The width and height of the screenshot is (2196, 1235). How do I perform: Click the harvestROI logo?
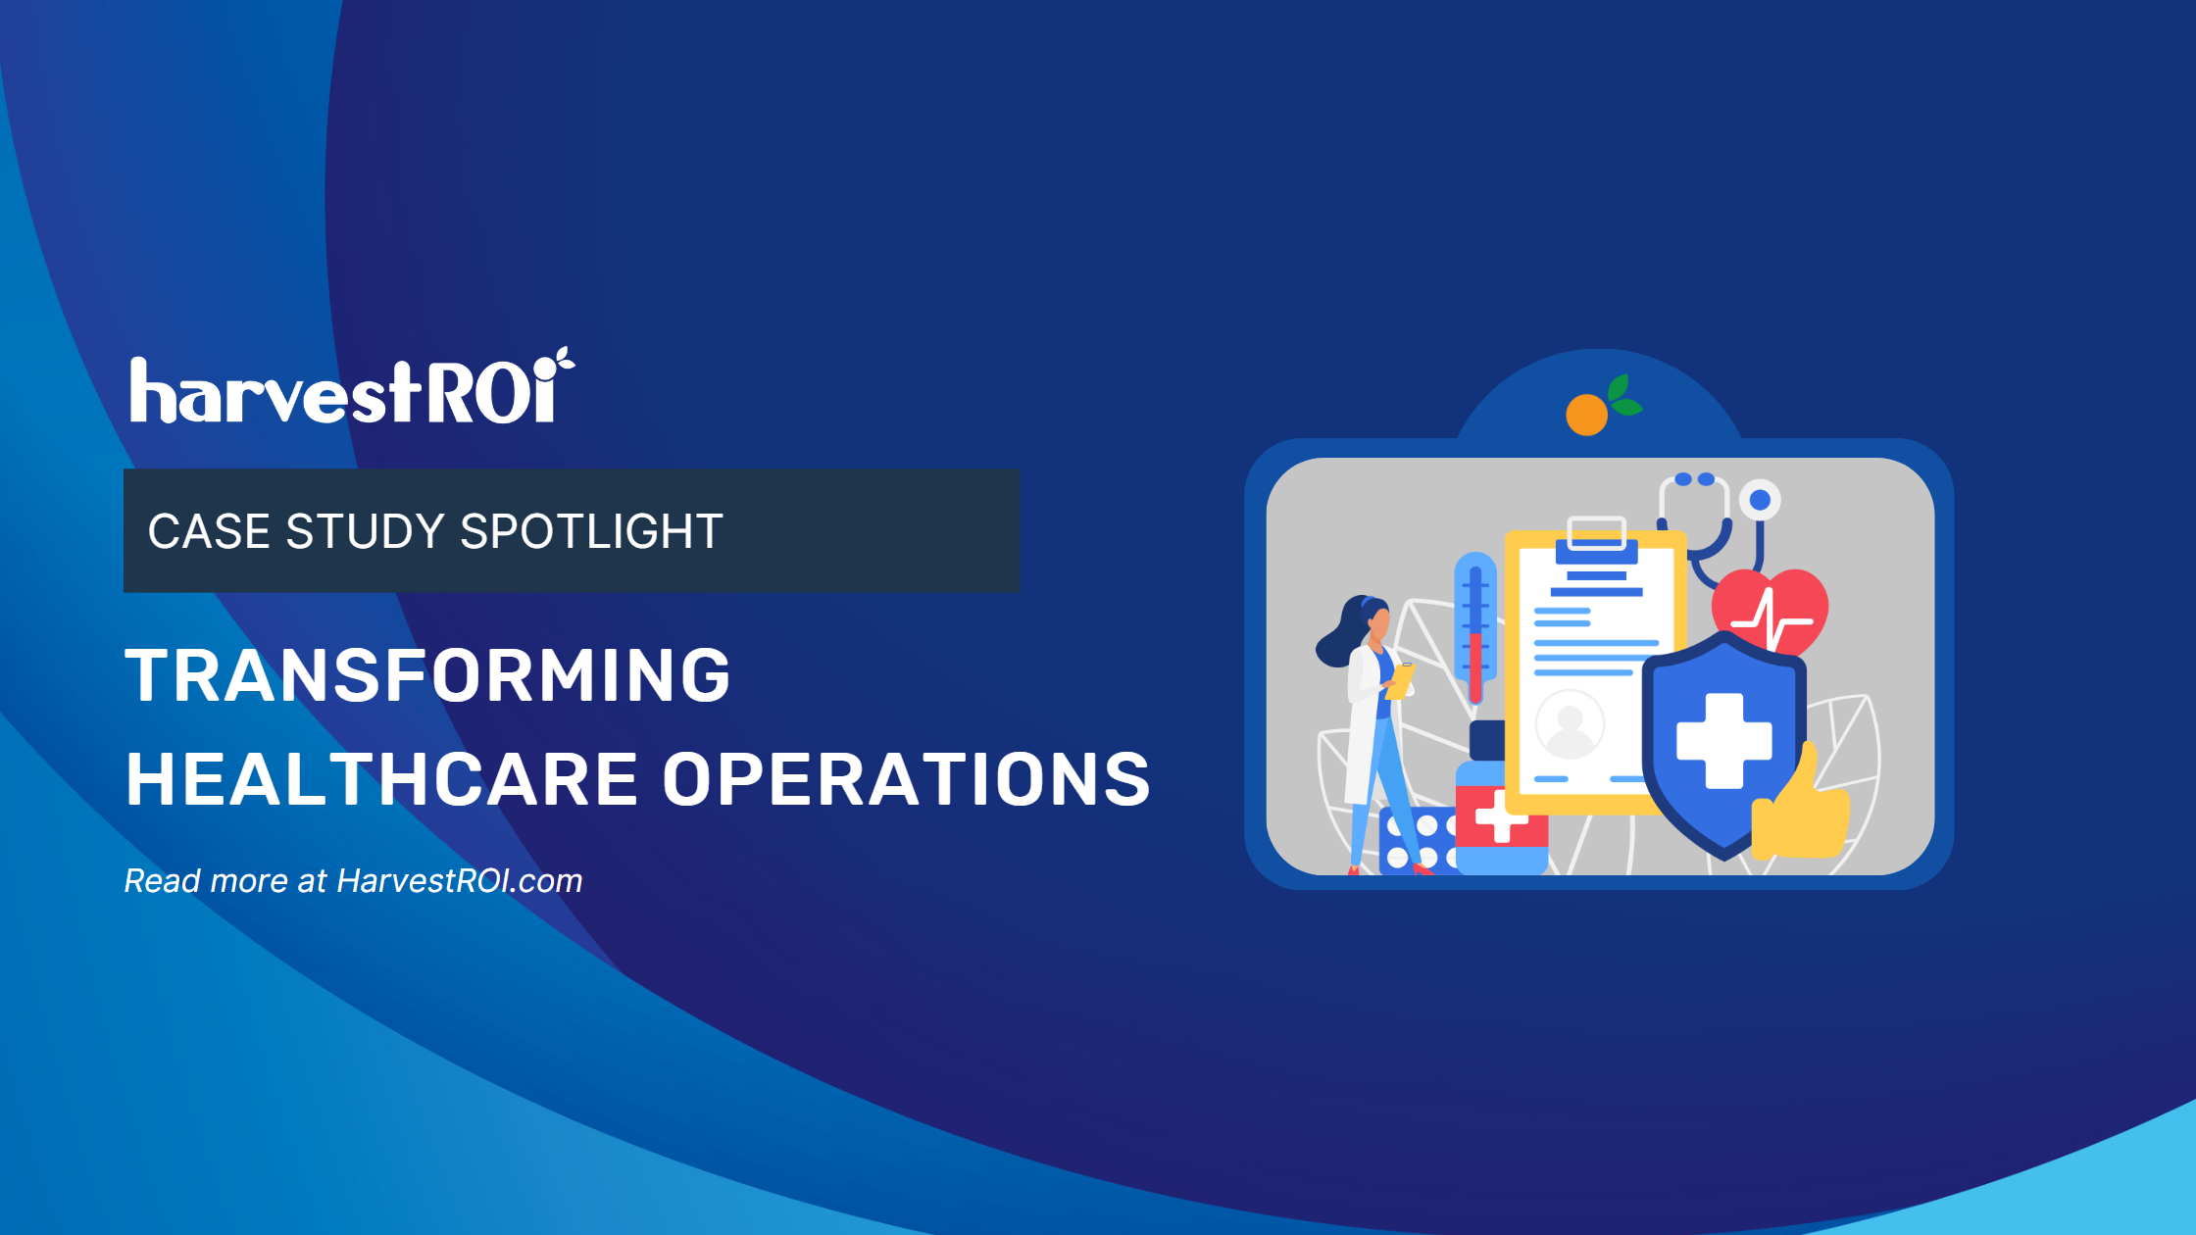[x=351, y=390]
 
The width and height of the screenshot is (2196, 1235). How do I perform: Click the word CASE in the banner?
[x=208, y=532]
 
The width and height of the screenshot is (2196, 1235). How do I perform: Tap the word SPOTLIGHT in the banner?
[x=591, y=532]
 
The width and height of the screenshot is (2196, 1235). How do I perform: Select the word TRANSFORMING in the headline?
[x=428, y=675]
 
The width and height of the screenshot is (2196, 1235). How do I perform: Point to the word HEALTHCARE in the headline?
[x=382, y=780]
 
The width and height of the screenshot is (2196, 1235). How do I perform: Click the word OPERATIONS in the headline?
[x=906, y=780]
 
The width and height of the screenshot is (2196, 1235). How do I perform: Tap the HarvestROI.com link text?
[x=459, y=881]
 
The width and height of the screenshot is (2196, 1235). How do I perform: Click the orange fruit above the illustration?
[x=1586, y=414]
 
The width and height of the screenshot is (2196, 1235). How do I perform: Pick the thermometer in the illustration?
[x=1475, y=627]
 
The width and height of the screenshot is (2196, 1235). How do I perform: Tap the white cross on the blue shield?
[x=1723, y=740]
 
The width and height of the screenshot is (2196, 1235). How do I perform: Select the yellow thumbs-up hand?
[x=1800, y=809]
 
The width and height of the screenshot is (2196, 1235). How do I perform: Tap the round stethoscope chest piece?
[x=1760, y=500]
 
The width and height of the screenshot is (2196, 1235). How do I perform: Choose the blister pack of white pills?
[x=1417, y=841]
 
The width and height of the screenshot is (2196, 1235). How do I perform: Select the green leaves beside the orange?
[x=1623, y=396]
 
